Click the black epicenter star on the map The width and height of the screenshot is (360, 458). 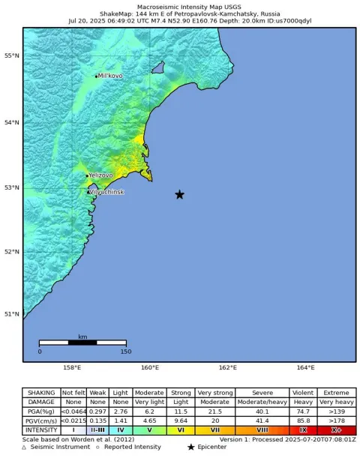click(x=179, y=195)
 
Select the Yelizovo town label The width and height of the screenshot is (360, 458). click(x=100, y=175)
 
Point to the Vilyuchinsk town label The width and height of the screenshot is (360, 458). click(x=106, y=192)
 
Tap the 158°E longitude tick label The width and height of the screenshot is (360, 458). click(x=72, y=368)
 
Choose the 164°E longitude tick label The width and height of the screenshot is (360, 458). click(x=305, y=368)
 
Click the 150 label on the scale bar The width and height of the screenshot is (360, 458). click(x=125, y=351)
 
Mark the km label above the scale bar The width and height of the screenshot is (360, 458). click(x=82, y=337)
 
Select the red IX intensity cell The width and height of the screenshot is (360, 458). click(x=302, y=430)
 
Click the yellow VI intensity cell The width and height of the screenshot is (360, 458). click(x=179, y=430)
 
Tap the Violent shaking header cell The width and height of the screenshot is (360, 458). click(x=302, y=392)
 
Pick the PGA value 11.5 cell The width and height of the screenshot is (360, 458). click(x=179, y=412)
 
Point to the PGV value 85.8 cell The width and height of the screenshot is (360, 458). click(x=302, y=421)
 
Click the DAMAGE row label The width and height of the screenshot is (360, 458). click(x=40, y=402)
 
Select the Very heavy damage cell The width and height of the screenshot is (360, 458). click(x=336, y=402)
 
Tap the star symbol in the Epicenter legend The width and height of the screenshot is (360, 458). click(x=190, y=448)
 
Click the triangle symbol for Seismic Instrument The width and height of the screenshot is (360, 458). click(x=24, y=448)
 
